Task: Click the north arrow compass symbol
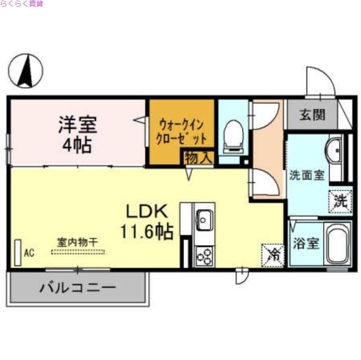click(26, 71)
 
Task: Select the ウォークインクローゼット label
click(181, 130)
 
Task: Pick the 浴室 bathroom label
click(306, 244)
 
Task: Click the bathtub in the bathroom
click(338, 245)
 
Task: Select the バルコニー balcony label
click(77, 287)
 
